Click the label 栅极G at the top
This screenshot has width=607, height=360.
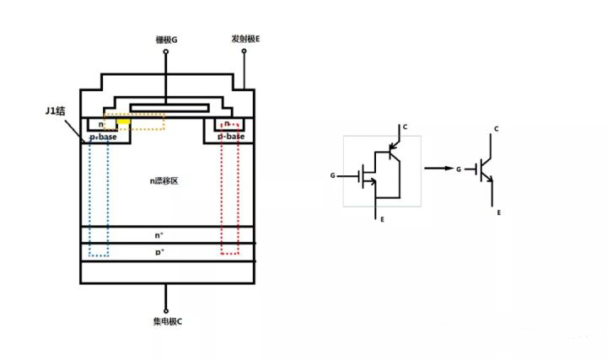[x=166, y=40]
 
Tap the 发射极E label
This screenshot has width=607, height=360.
[x=245, y=39]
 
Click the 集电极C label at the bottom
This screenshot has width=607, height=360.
[x=165, y=322]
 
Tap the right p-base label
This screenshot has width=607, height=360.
[x=231, y=136]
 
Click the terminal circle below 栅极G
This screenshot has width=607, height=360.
[x=166, y=51]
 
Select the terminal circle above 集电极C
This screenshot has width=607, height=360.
[x=165, y=309]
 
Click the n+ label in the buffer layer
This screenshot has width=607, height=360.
[x=159, y=236]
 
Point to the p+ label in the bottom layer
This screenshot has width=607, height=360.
[x=159, y=252]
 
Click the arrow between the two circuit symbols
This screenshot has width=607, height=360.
[x=435, y=169]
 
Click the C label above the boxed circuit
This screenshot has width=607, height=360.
[x=405, y=127]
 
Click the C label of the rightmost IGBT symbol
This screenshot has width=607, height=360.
[x=497, y=129]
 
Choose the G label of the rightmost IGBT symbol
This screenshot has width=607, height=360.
[x=458, y=169]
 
